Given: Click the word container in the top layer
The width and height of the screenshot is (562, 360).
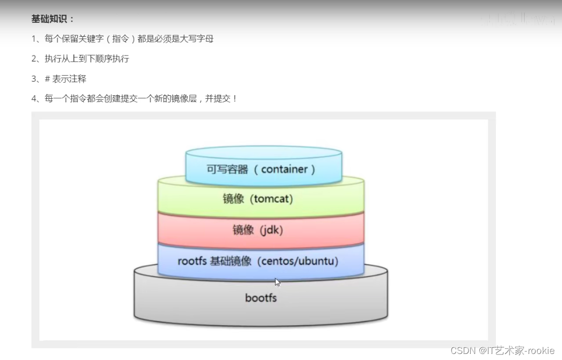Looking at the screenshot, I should coord(285,169).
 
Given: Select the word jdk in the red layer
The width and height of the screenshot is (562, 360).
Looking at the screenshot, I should coord(271,230).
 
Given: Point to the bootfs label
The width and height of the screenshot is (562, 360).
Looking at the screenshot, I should coord(261,298).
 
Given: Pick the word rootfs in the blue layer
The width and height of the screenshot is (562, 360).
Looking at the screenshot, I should coord(192,262).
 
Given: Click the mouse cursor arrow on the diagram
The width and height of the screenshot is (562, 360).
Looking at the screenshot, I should coord(277,282).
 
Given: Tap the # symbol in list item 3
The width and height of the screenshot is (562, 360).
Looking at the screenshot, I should coord(47,79).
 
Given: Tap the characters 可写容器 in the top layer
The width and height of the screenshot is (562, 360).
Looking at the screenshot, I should coord(228,169).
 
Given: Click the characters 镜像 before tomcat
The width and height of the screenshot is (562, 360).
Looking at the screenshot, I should coord(234,199).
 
